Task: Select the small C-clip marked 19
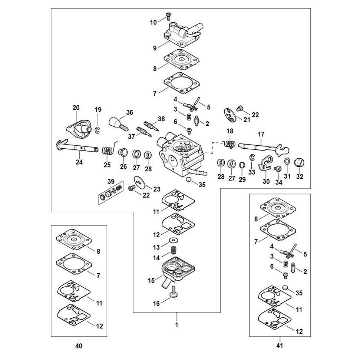pyautogui.click(x=97, y=130)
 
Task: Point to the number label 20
pyautogui.click(x=76, y=108)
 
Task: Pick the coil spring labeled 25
pyautogui.click(x=107, y=150)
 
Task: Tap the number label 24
pyautogui.click(x=79, y=162)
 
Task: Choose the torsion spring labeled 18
pyautogui.click(x=229, y=144)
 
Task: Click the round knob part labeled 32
pyautogui.click(x=300, y=163)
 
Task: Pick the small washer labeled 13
pyautogui.click(x=175, y=240)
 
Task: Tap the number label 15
pyautogui.click(x=151, y=280)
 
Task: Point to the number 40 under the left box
pyautogui.click(x=79, y=346)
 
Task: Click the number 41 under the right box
pyautogui.click(x=280, y=346)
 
